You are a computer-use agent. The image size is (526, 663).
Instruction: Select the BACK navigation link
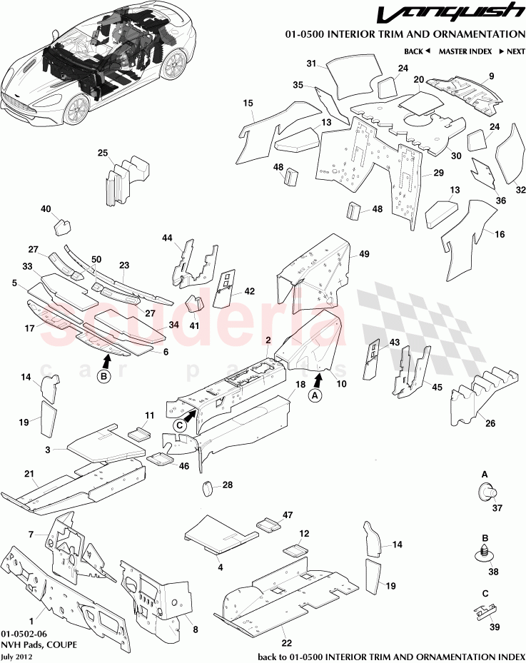417,51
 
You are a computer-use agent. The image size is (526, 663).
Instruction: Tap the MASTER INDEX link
465,51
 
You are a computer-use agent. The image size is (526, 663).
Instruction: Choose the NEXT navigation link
512,51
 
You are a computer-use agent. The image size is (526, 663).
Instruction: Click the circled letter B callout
104,376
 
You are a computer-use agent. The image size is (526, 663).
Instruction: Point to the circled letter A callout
314,396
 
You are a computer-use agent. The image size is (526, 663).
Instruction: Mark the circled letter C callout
180,425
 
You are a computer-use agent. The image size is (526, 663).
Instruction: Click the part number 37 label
497,507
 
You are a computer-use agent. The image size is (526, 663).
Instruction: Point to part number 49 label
364,253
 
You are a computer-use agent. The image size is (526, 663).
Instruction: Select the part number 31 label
311,64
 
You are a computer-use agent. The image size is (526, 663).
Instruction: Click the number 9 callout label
491,76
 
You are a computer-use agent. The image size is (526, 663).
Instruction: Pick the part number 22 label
287,643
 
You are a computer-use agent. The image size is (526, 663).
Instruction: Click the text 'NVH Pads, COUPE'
39,645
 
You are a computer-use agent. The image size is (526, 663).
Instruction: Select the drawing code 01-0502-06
24,634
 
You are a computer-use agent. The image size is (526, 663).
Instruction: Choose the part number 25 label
103,153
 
